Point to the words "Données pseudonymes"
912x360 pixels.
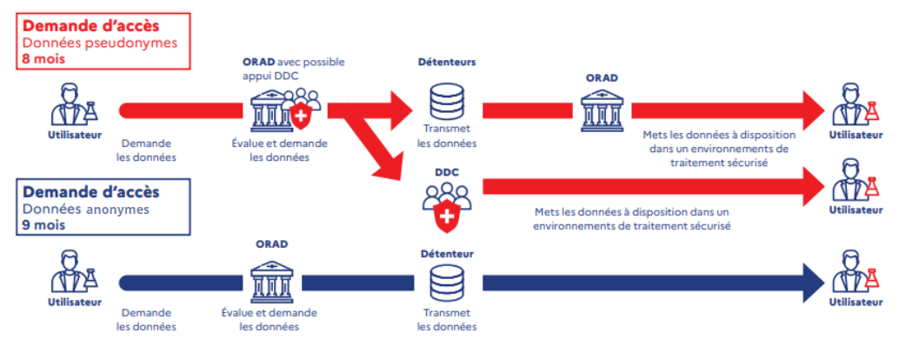87,43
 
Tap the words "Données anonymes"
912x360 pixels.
85,209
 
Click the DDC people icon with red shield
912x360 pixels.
445,209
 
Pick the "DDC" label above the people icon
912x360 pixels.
446,173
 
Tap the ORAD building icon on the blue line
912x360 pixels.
271,280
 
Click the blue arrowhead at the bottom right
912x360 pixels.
812,282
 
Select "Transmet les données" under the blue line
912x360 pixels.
446,319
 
